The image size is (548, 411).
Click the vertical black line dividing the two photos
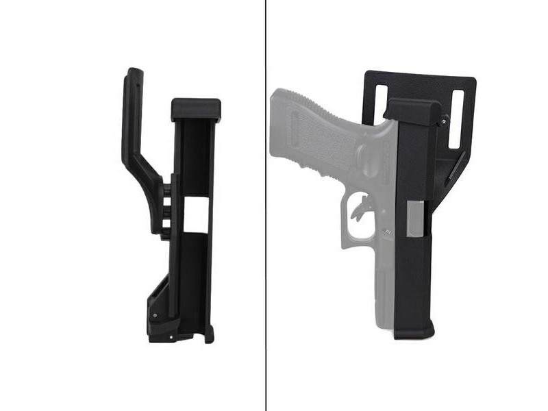point(266,206)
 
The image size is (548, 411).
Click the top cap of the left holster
point(196,109)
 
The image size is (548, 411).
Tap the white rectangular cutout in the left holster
point(197,214)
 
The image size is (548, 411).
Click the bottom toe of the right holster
point(414,332)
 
